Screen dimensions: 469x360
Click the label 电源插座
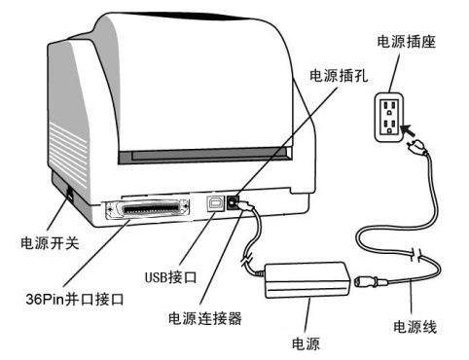406,42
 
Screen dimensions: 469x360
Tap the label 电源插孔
339,76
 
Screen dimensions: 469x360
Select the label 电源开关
50,242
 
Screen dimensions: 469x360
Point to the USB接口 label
170,277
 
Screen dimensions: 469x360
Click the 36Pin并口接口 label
75,299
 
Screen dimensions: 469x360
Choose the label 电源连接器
205,318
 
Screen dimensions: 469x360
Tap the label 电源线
415,327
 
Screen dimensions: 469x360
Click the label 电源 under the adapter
306,343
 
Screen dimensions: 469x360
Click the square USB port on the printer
215,203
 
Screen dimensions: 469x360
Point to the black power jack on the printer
233,202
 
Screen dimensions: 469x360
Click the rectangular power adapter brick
307,280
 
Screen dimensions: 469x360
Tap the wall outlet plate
389,117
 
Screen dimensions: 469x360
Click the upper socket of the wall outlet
389,106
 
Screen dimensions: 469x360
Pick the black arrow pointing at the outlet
409,130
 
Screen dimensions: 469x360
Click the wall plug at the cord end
417,147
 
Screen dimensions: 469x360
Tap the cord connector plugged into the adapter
371,281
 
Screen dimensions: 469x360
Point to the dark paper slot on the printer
204,156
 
